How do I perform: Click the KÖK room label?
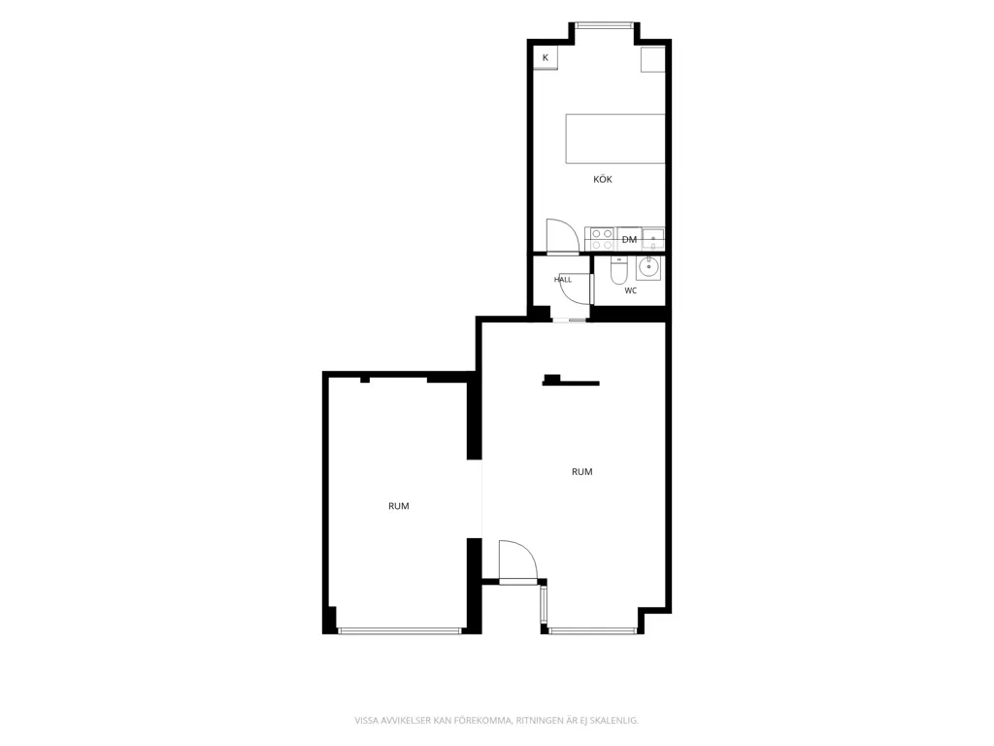pyautogui.click(x=602, y=180)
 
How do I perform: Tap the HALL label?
pyautogui.click(x=563, y=280)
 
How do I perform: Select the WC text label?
pyautogui.click(x=630, y=290)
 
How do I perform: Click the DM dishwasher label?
pyautogui.click(x=629, y=239)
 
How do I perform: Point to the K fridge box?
pyautogui.click(x=546, y=57)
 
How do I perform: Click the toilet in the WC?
pyautogui.click(x=618, y=272)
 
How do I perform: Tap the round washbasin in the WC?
pyautogui.click(x=648, y=268)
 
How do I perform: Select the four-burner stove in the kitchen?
pyautogui.click(x=602, y=239)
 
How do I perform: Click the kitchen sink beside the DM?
pyautogui.click(x=653, y=239)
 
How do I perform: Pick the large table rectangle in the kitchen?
pyautogui.click(x=614, y=138)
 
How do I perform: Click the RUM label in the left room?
pyautogui.click(x=399, y=506)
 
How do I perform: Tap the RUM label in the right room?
pyautogui.click(x=582, y=472)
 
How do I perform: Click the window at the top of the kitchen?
pyautogui.click(x=604, y=26)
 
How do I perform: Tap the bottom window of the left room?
pyautogui.click(x=400, y=630)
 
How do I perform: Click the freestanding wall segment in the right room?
pyautogui.click(x=571, y=381)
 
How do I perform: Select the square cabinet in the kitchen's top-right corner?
pyautogui.click(x=652, y=59)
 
